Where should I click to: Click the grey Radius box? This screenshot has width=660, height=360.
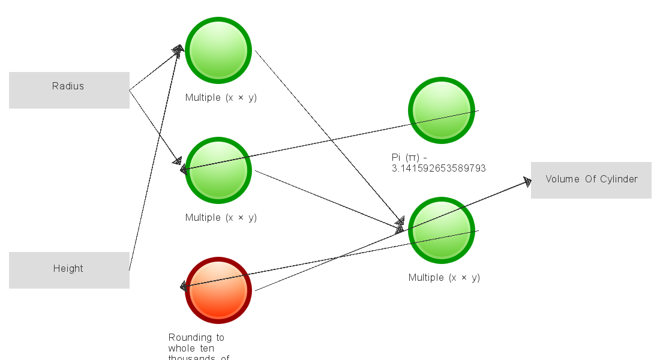coord(69,90)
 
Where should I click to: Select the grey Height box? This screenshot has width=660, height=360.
coord(69,270)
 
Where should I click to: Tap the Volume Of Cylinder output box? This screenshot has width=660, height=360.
coord(591,180)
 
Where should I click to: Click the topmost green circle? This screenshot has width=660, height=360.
coord(218,50)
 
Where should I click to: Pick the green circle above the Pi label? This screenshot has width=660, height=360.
coord(442,110)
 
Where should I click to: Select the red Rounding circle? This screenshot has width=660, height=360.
coord(218,290)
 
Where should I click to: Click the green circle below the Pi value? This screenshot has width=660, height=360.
coord(442,230)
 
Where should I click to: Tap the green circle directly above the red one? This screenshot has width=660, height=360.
coord(218,170)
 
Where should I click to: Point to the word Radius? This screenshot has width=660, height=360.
coord(68,86)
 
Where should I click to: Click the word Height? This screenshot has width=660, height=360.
coord(68,268)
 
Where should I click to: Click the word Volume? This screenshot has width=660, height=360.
coord(562,179)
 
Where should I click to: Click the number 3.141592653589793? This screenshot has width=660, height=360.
coord(439,169)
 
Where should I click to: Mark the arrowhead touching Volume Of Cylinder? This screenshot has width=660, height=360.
coord(527,181)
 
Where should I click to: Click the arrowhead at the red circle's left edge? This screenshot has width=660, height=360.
coord(185,287)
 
